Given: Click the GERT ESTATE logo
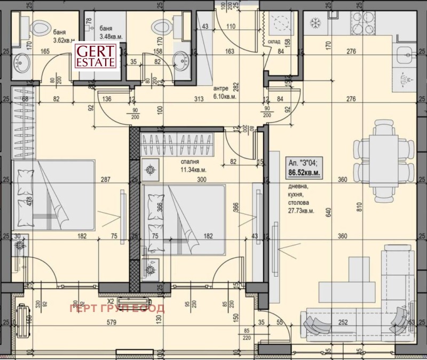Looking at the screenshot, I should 96,56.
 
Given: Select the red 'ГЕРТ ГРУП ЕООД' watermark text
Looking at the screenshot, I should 117,308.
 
